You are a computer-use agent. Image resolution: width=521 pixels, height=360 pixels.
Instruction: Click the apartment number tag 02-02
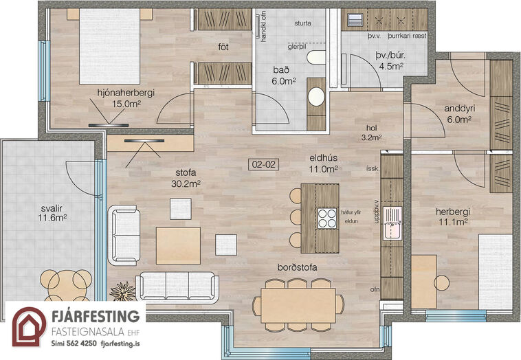(x=263, y=164)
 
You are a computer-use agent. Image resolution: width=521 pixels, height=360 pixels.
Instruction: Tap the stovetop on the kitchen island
(x=327, y=218)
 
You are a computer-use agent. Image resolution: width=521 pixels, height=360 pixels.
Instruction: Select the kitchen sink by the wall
(x=392, y=223)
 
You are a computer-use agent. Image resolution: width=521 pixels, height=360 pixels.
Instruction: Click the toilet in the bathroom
(x=316, y=58)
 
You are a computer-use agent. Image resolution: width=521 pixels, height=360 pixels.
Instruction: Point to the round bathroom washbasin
(x=316, y=97)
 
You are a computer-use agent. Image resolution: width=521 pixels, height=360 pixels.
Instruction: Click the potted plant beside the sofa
(x=123, y=291)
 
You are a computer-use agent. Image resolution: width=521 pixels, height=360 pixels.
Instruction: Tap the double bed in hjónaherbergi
(x=110, y=46)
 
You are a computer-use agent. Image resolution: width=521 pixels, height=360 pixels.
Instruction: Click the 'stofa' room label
(x=186, y=172)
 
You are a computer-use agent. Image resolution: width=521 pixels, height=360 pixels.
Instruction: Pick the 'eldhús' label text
(x=323, y=158)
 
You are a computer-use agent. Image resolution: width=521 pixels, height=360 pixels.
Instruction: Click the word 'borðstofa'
(x=298, y=267)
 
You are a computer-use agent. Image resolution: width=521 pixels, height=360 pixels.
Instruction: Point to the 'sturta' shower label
(x=302, y=23)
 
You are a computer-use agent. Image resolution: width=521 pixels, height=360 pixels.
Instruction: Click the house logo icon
(x=30, y=326)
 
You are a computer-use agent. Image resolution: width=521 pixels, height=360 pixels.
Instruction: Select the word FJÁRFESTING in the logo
(x=96, y=316)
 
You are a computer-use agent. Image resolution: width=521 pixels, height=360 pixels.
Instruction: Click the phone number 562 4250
(x=82, y=344)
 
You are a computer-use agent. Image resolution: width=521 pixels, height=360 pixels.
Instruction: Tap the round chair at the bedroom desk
(x=441, y=283)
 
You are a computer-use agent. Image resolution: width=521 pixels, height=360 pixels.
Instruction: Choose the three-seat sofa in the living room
(x=177, y=288)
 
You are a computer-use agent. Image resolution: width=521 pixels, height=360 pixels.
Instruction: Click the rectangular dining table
(x=298, y=305)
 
